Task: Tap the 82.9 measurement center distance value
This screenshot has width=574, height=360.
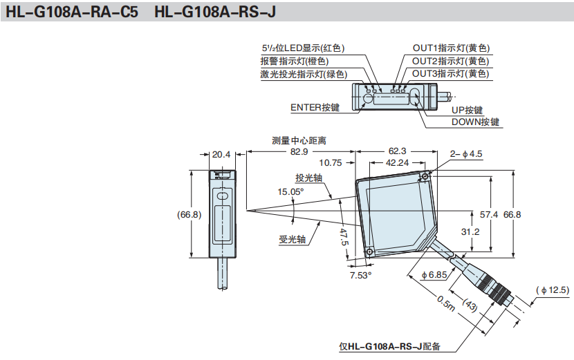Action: pos(299,151)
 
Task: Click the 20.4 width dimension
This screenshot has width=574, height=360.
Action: pos(221,154)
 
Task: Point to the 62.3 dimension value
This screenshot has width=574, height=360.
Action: pos(397,151)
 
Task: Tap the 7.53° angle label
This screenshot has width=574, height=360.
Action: pos(360,274)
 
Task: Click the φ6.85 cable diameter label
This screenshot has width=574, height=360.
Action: pos(434,275)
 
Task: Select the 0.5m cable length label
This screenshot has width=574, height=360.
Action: pos(445,303)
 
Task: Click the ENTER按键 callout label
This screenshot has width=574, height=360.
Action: pos(315,107)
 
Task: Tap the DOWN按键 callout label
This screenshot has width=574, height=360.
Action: pos(475,122)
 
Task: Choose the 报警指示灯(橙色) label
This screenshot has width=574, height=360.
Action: pos(299,61)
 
